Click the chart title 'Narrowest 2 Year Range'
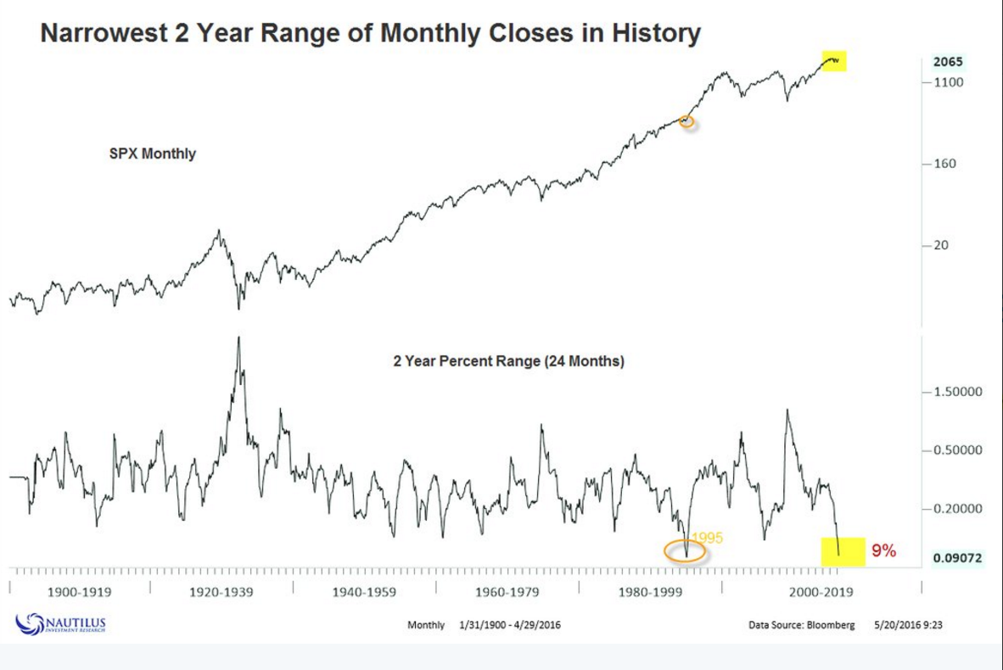coord(371,34)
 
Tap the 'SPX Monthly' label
coord(153,154)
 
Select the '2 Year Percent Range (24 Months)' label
coord(509,361)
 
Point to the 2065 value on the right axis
coord(948,62)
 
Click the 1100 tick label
coord(951,82)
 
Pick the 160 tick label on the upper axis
coord(945,164)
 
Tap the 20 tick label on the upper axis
coord(942,245)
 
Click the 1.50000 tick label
coord(958,393)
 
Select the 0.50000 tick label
coord(958,450)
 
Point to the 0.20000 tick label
coord(958,509)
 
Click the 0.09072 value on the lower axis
coord(958,558)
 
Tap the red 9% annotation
coord(883,551)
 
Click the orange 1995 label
coord(707,539)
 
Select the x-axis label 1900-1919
coord(79,591)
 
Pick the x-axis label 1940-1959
coord(365,591)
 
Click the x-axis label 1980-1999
coord(651,591)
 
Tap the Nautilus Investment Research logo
coord(61,624)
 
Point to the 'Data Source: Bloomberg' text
coord(801,625)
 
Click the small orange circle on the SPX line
coord(687,121)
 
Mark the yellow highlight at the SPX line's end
coord(834,60)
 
